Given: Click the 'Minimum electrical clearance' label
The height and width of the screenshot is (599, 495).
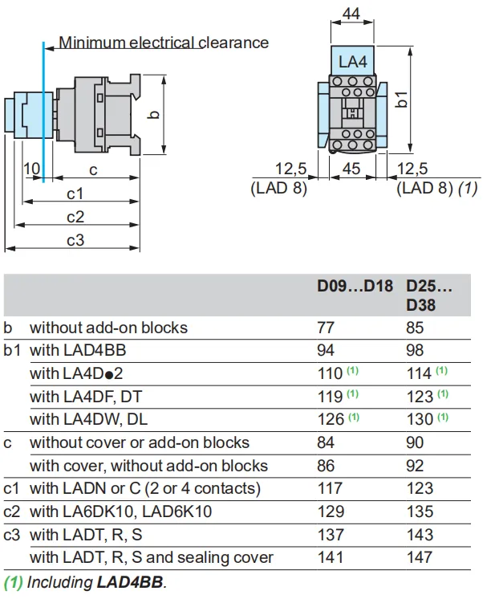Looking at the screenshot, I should (x=164, y=43).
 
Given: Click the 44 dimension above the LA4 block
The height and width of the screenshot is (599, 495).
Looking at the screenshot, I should (x=351, y=14).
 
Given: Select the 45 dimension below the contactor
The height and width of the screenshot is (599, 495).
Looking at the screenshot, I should (x=351, y=169).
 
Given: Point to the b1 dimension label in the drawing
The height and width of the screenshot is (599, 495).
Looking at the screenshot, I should (x=403, y=100).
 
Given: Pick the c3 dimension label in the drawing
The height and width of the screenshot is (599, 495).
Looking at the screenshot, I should (x=75, y=240).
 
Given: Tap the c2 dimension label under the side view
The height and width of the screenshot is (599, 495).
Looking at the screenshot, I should (x=75, y=217).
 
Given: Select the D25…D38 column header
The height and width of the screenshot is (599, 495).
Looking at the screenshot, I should (x=428, y=295).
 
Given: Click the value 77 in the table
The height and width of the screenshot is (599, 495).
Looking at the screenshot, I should (x=330, y=327).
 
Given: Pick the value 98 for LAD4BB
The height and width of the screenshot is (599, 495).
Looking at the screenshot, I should (x=418, y=350).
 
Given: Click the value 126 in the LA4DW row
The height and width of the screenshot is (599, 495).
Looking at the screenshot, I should (x=331, y=419).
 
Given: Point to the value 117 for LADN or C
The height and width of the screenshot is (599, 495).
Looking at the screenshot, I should (x=333, y=488).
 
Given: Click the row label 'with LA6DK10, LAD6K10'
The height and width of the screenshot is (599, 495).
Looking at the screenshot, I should (x=120, y=511).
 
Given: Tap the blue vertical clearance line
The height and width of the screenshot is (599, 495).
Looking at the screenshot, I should (x=44, y=104).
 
